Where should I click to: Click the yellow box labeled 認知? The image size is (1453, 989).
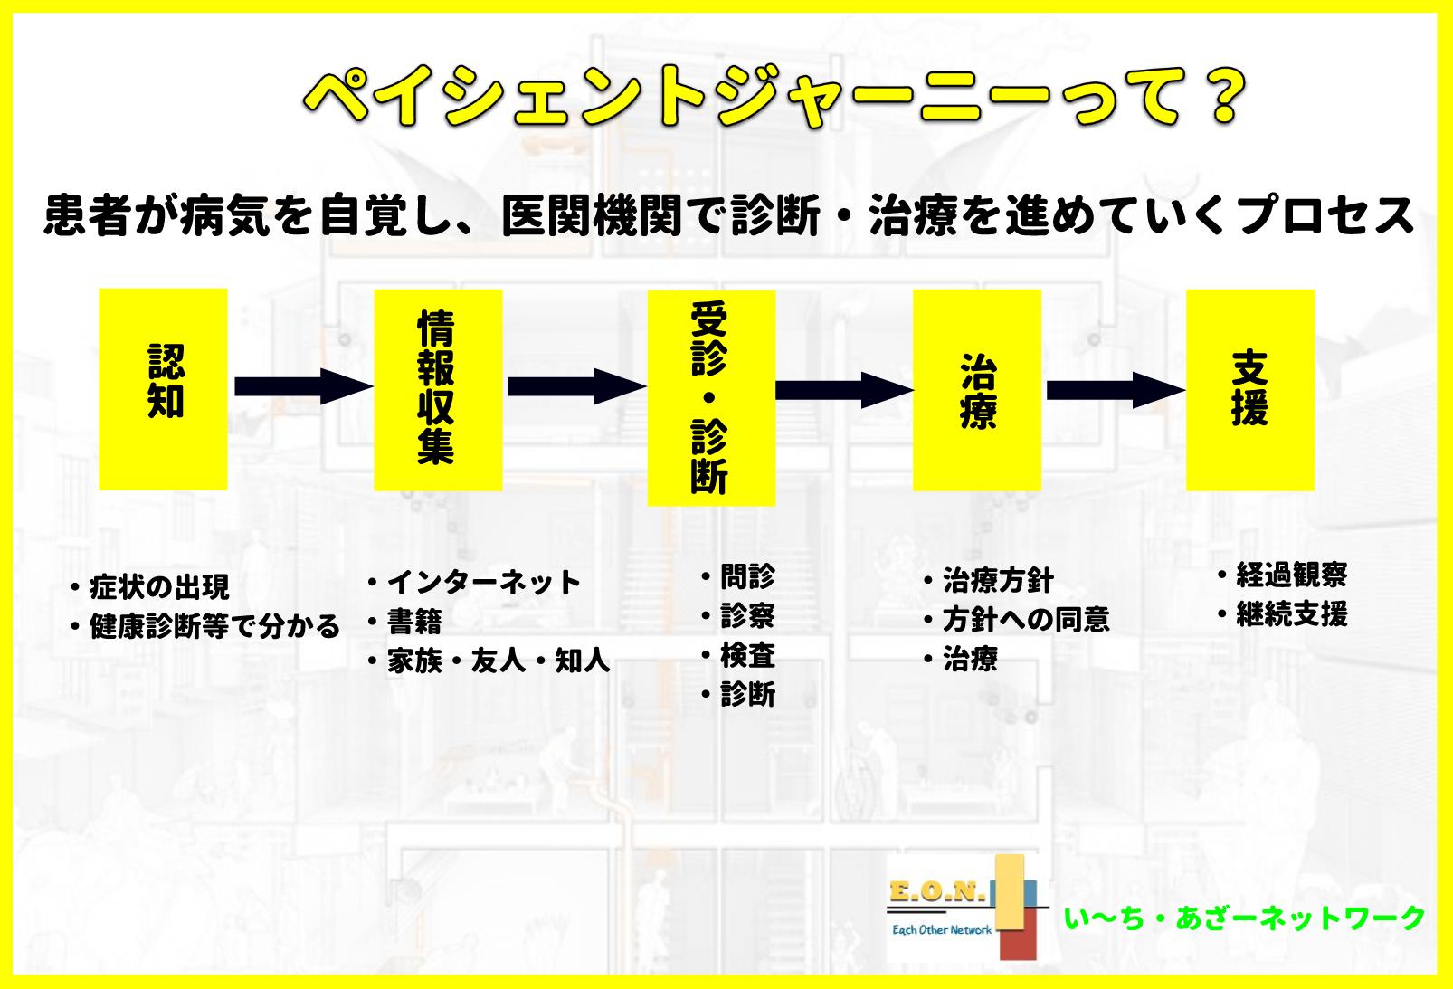163,389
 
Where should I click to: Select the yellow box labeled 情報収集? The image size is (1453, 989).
438,390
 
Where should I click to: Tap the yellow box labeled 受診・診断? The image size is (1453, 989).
712,398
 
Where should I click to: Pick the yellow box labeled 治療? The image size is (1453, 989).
977,390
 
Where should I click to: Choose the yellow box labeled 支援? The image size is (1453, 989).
1250,390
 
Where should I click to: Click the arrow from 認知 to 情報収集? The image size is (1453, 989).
304,386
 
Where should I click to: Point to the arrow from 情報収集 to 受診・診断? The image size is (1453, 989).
576,386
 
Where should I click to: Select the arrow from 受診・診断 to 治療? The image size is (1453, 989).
844,390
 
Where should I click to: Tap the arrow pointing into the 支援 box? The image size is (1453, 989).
1116,390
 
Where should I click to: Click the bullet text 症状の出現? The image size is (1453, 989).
159,587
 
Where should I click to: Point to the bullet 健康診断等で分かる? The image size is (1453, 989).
214,626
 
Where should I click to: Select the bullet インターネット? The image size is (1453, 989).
483,582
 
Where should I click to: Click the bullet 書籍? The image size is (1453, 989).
414,622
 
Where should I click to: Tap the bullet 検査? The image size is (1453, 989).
748,655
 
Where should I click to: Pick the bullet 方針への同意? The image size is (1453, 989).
1026,620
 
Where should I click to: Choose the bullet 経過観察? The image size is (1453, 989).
1292,575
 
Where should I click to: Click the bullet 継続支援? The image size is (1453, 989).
1292,613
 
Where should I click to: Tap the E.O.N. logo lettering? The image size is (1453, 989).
938,892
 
